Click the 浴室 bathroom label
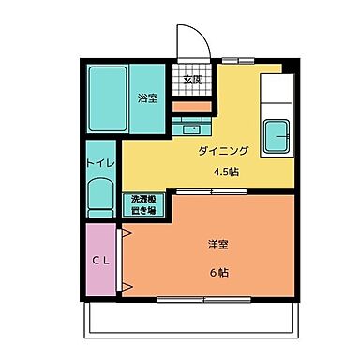click(147, 97)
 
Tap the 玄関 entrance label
click(191, 80)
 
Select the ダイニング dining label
click(221, 151)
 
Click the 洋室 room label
click(219, 245)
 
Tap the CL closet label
click(101, 262)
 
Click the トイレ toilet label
click(100, 163)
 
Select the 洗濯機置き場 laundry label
click(144, 203)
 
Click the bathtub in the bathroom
click(109, 98)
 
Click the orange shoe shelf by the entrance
click(192, 106)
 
